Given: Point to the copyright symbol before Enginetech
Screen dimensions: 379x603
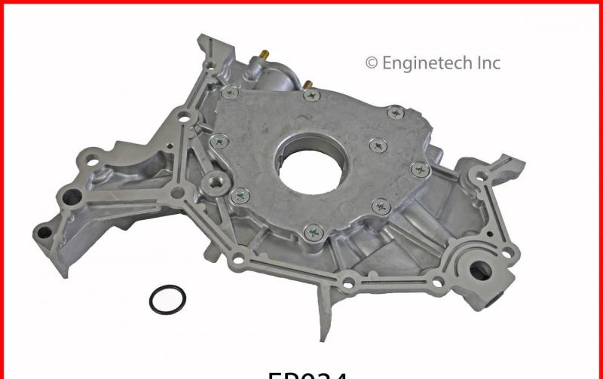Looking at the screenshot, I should (371, 63).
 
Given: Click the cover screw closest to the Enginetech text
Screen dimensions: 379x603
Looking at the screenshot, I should (395, 113).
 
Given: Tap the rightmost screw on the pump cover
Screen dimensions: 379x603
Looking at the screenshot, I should (420, 169).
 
